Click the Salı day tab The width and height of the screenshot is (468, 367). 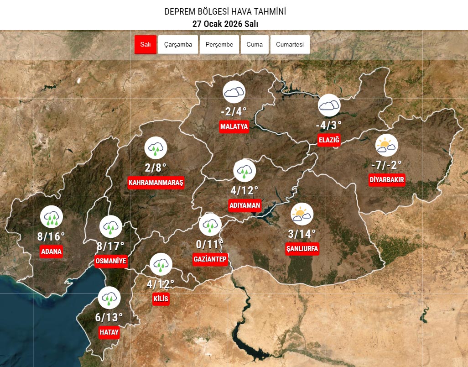click(x=146, y=45)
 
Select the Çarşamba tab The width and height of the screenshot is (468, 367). click(x=178, y=45)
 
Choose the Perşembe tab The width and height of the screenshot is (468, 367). click(x=219, y=45)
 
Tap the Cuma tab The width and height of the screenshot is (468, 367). click(x=255, y=45)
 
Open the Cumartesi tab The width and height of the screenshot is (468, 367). click(x=290, y=45)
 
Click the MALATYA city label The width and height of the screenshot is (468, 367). click(x=234, y=126)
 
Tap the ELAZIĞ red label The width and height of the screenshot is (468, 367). click(x=329, y=140)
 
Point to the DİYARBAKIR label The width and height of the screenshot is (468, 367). click(x=387, y=180)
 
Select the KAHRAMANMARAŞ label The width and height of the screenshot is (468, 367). click(x=156, y=183)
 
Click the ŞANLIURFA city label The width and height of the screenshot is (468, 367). click(x=302, y=249)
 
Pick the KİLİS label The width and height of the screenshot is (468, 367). click(x=161, y=299)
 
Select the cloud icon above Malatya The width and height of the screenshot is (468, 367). click(x=234, y=93)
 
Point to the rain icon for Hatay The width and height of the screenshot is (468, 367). click(x=109, y=298)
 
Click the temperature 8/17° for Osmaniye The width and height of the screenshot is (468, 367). click(x=110, y=246)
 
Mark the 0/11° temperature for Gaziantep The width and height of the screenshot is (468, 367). click(x=210, y=244)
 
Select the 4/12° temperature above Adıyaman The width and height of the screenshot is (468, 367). click(x=244, y=190)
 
